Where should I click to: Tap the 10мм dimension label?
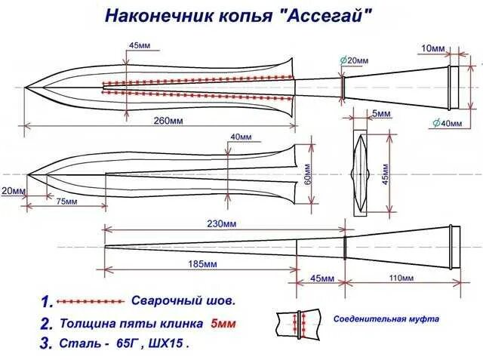coord(433,48)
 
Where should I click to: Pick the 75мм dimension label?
coord(66,202)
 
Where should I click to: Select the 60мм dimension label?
coord(307,176)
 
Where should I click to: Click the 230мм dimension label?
coord(223,224)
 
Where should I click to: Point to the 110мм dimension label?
coord(399,278)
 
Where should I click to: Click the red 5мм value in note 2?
coord(223,324)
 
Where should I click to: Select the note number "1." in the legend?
coord(47,302)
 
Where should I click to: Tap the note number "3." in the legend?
coord(47,343)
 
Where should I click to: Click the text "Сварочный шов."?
coord(184,300)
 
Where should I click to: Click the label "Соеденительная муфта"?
coord(386,319)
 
